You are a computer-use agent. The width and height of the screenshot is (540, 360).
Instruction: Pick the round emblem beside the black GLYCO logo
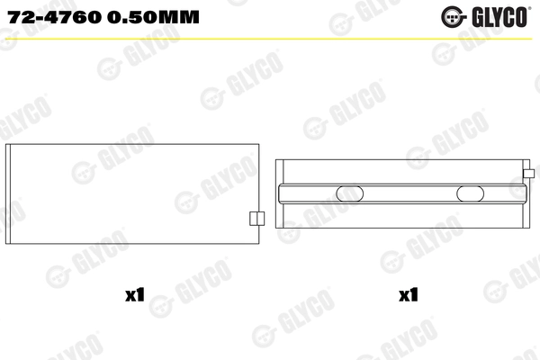(x=450, y=16)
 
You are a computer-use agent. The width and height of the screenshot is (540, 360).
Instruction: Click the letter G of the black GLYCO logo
(x=474, y=16)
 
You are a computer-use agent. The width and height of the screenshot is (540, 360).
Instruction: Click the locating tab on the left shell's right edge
(x=255, y=219)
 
